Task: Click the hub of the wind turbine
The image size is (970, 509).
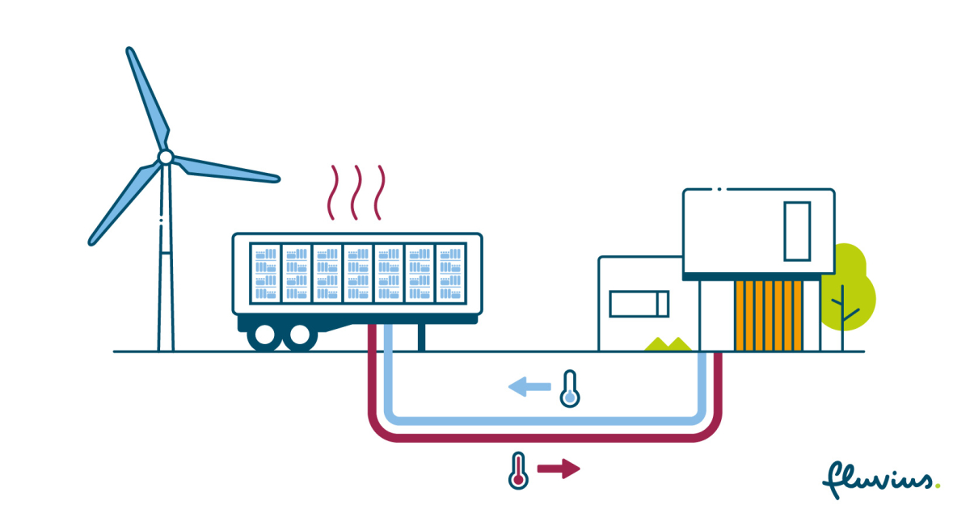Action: click(x=165, y=157)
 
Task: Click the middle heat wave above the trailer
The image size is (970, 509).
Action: click(x=354, y=192)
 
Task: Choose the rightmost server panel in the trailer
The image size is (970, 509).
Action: click(x=450, y=273)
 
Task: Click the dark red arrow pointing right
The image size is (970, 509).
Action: click(x=559, y=469)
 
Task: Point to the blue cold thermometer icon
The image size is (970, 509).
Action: click(x=571, y=389)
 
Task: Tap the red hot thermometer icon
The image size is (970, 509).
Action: click(x=518, y=470)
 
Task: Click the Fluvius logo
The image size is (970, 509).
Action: click(x=880, y=479)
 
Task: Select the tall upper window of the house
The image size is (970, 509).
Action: click(x=796, y=231)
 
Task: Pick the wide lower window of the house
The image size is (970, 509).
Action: click(x=639, y=304)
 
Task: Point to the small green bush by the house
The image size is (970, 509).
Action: click(x=667, y=344)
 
